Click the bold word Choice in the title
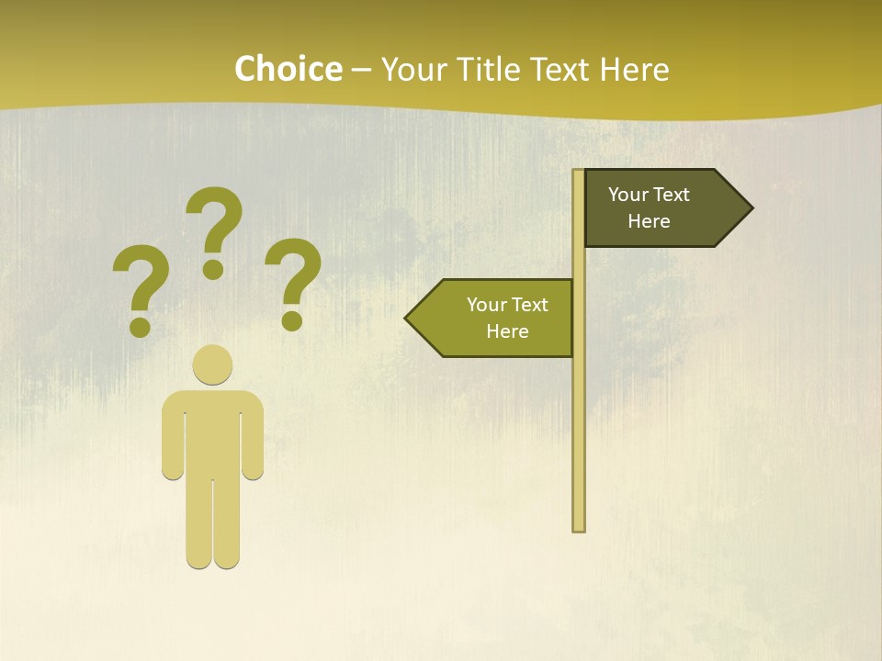288,70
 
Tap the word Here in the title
634,70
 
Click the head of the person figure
212,364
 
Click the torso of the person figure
212,431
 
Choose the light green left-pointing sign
496,318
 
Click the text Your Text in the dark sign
649,195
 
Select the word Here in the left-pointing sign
507,331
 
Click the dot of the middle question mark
213,269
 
